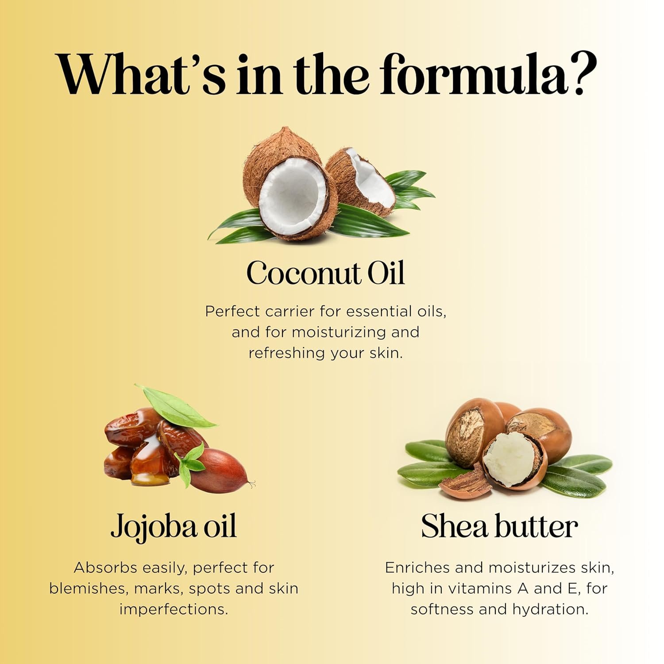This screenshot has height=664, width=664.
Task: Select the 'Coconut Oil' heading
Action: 326,273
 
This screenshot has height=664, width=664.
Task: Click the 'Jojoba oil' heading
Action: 174,527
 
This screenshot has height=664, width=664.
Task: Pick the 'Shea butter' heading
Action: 499,527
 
